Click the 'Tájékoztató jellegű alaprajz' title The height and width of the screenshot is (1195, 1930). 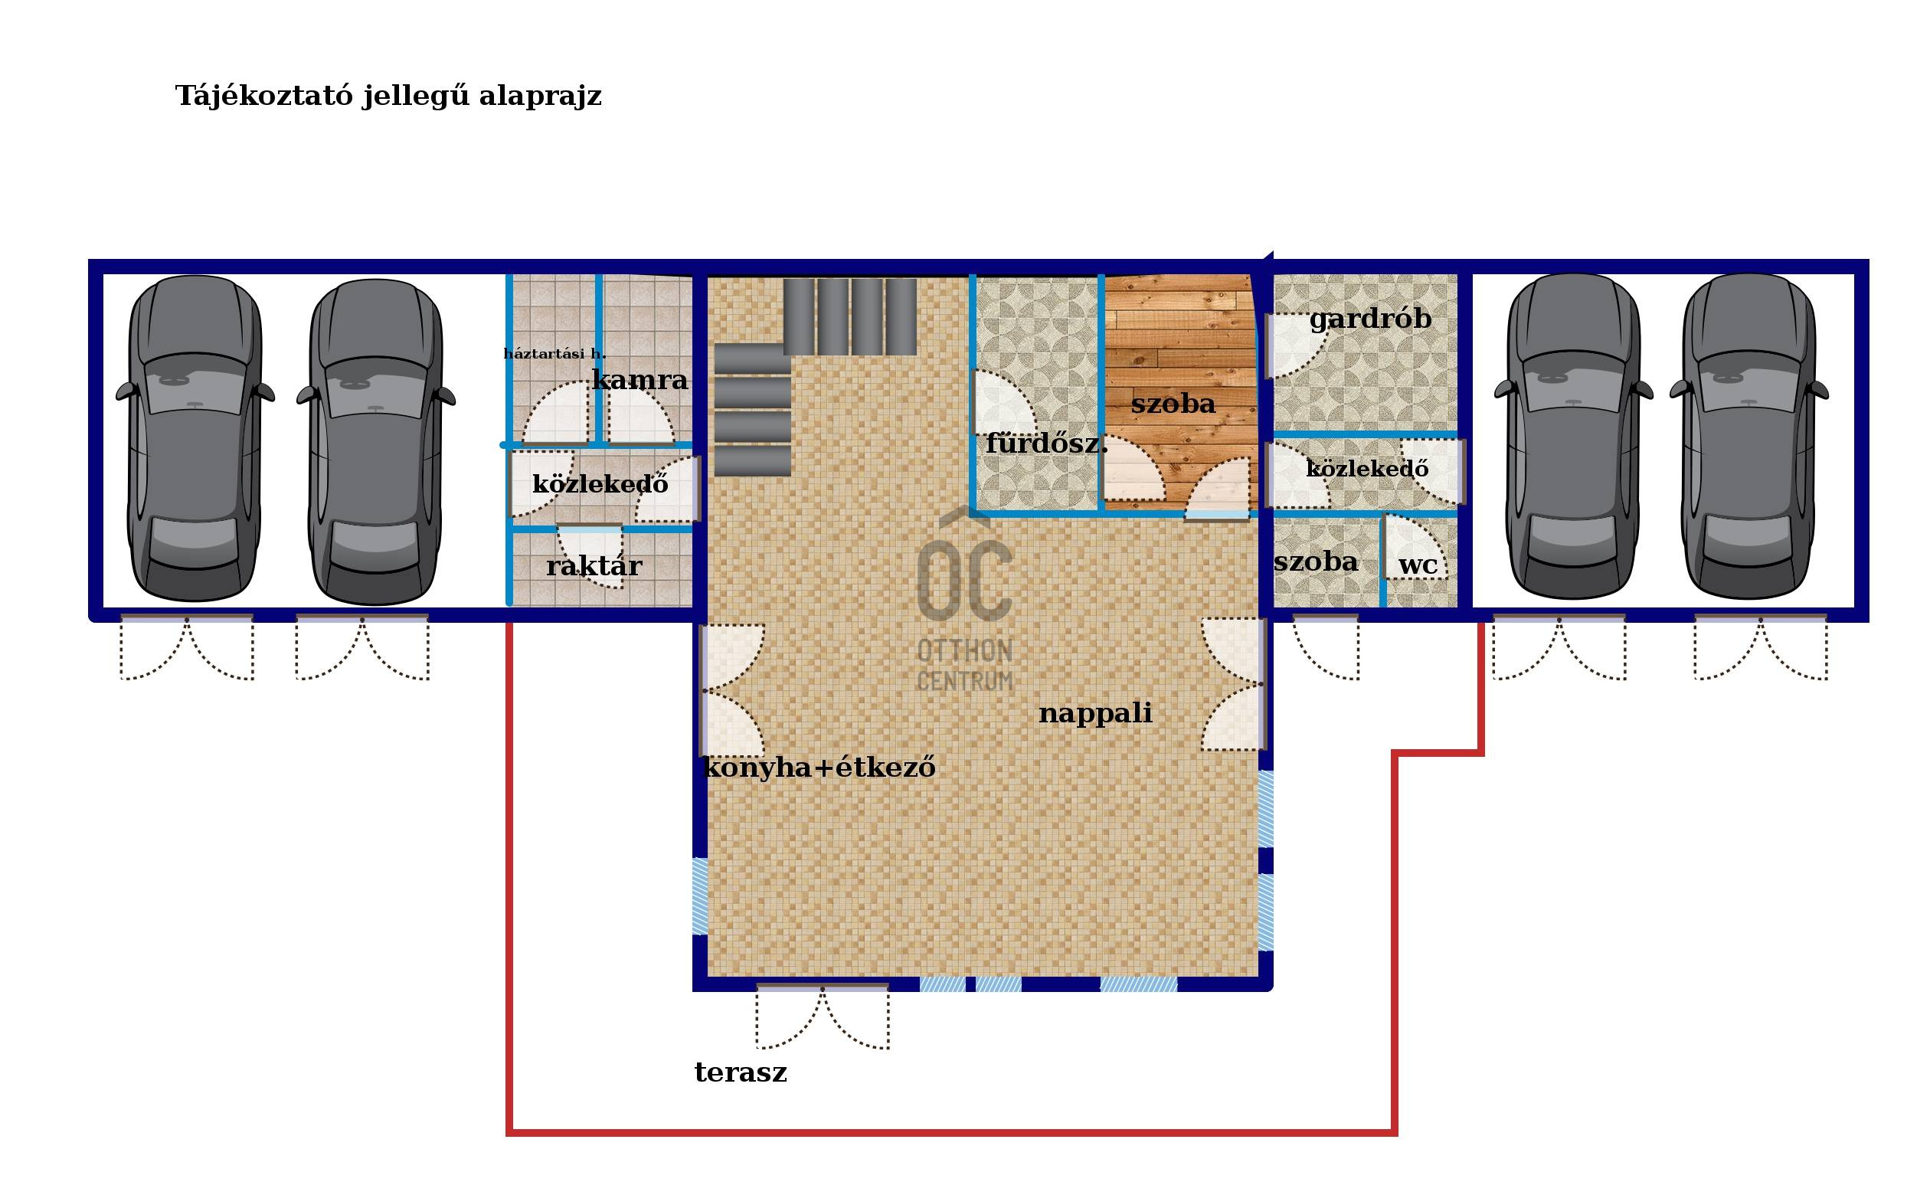[388, 97]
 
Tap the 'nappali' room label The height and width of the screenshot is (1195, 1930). [1095, 714]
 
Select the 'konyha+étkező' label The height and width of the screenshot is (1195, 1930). [819, 768]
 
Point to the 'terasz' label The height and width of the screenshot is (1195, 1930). [741, 1072]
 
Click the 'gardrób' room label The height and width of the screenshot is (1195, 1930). [1370, 319]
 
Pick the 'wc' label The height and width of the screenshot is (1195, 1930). [1418, 566]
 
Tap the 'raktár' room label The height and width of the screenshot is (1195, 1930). [594, 566]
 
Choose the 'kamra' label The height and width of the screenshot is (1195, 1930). [640, 380]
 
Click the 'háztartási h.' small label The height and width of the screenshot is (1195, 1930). [554, 353]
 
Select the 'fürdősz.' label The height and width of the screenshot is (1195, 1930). [1046, 444]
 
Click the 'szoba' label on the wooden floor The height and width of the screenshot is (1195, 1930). [1173, 404]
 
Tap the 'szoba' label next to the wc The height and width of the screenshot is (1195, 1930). [1315, 562]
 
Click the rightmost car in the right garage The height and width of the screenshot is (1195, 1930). [1748, 437]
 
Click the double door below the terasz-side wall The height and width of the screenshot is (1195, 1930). [823, 1017]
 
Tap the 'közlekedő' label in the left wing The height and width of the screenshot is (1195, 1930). [600, 483]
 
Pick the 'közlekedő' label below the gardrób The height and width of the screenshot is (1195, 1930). [1367, 469]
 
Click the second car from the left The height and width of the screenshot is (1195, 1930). [375, 441]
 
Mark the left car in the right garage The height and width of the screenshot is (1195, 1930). [1573, 437]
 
